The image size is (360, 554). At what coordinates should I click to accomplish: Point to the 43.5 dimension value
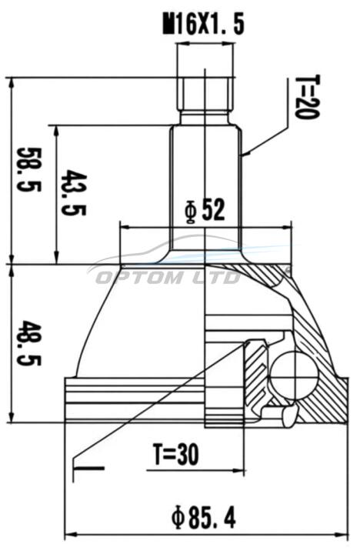pos(73,192)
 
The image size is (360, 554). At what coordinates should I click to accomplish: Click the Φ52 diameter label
pos(205,211)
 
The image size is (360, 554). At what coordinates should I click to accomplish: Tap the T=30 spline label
pos(175,455)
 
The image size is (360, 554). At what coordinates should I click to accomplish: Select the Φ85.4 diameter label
pos(204,518)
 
